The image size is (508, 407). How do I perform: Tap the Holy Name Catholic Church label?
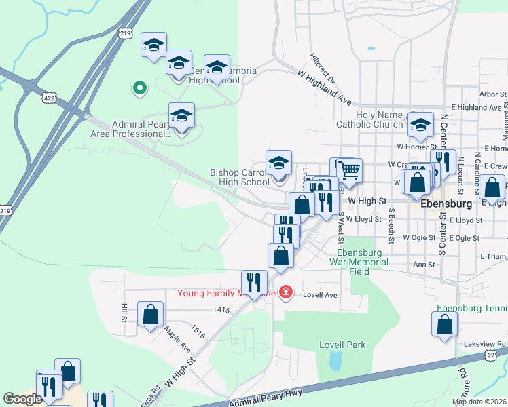(369, 119)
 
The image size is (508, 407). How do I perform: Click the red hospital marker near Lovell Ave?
(286, 292)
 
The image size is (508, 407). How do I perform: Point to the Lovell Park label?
(342, 345)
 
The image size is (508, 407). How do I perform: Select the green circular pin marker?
(139, 88)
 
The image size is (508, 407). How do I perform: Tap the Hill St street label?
(124, 313)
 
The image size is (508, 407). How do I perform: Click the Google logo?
(22, 399)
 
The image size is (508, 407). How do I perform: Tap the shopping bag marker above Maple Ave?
(151, 314)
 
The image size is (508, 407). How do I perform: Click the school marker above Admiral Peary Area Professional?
(182, 116)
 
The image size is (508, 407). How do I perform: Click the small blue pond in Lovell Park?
(335, 360)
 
